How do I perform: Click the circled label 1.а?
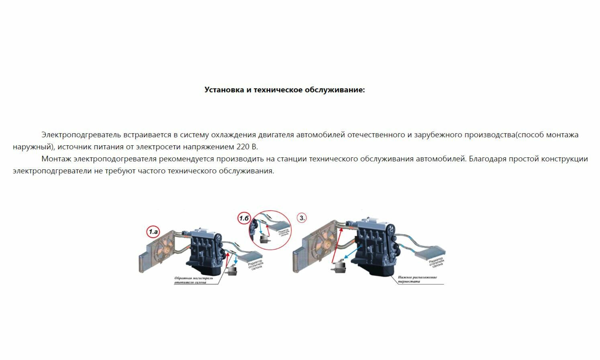153,232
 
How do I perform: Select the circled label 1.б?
244,218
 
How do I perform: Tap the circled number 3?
302,218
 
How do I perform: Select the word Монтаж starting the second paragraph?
56,159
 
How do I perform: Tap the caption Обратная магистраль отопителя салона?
191,280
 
